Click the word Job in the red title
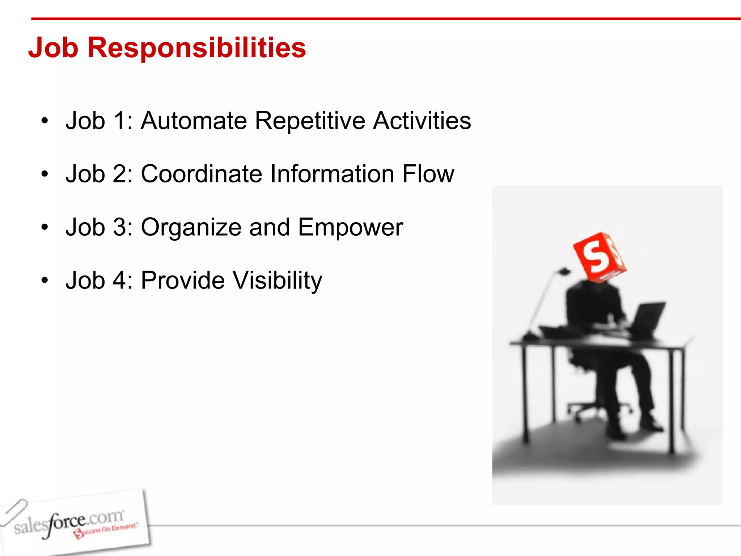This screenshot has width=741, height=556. pos(53,48)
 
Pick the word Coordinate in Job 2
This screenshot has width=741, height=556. pos(202,174)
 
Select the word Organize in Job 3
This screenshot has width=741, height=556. pos(191,227)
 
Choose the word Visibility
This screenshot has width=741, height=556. pos(277,281)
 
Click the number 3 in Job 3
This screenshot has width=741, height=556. pos(119,227)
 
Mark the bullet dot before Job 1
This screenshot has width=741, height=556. pos(45,121)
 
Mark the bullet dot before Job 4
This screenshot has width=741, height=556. pos(45,281)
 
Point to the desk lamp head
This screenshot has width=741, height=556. pos(564,271)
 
